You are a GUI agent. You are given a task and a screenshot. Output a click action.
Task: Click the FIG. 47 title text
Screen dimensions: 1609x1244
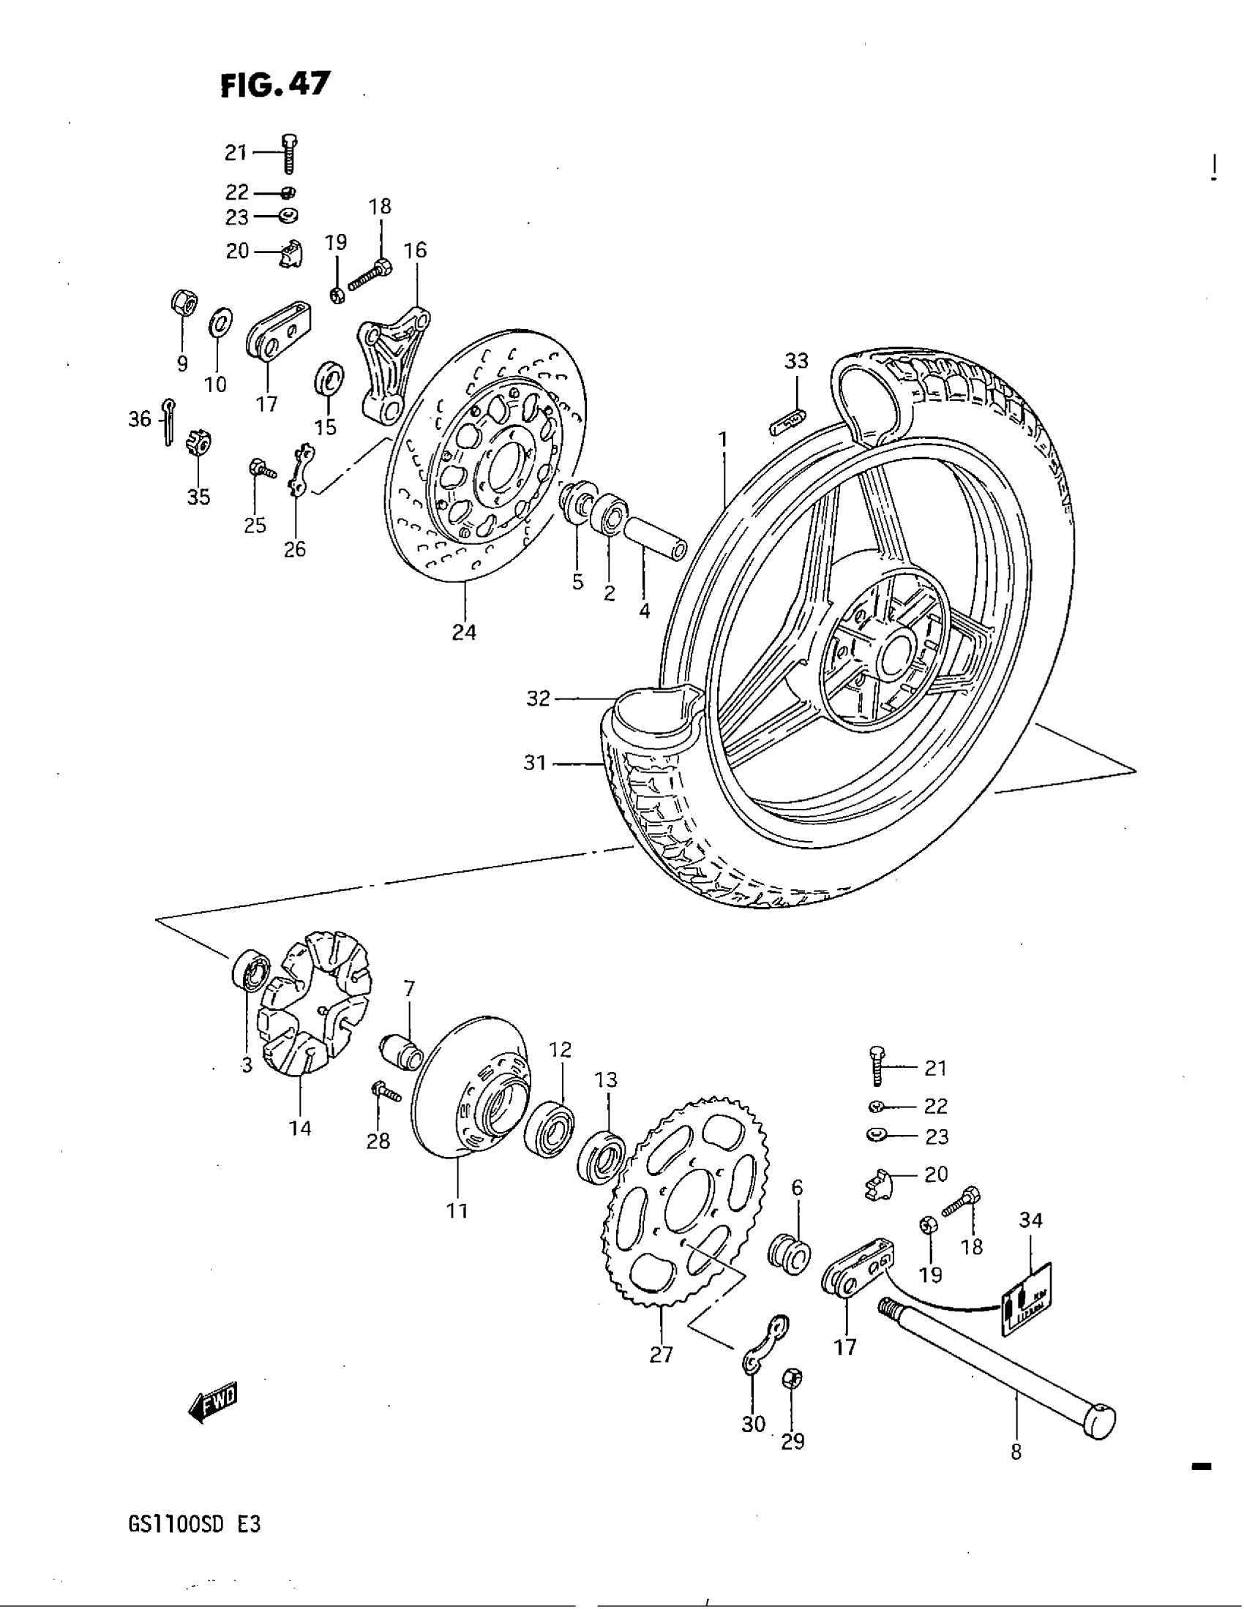tap(276, 86)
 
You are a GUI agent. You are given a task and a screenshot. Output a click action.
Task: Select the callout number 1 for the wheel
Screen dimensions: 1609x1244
tap(723, 440)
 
